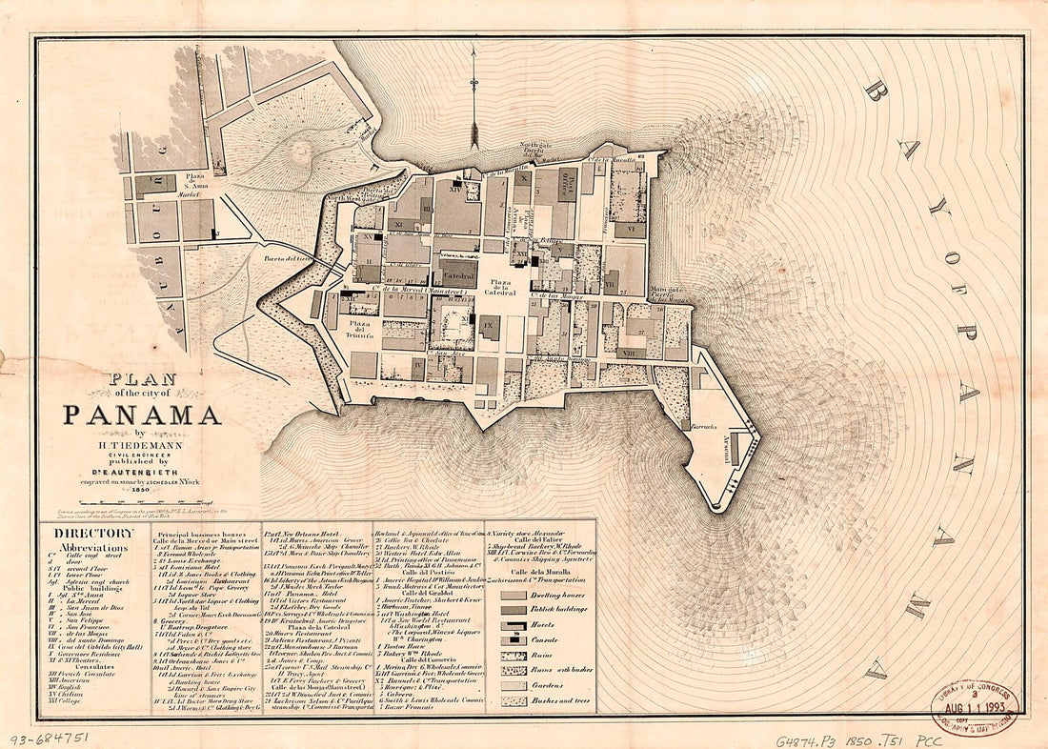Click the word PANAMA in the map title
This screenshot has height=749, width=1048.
pyautogui.click(x=143, y=415)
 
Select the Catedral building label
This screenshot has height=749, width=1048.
pyautogui.click(x=458, y=275)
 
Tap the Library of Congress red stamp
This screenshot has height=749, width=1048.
pyautogui.click(x=974, y=704)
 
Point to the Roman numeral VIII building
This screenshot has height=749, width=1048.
pyautogui.click(x=630, y=352)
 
